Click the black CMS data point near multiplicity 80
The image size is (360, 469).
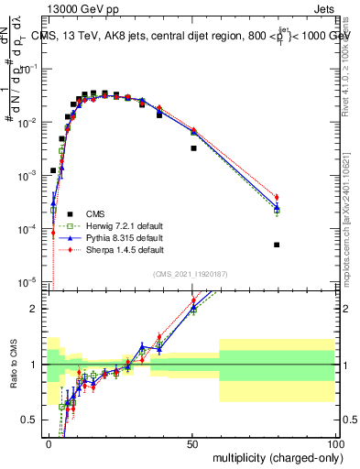(x=277, y=245)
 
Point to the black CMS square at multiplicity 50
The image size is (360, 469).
(x=193, y=147)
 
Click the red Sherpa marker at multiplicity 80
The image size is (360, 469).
(x=277, y=198)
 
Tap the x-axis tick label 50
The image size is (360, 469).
(x=192, y=443)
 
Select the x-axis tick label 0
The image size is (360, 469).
(x=49, y=443)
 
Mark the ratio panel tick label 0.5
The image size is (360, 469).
(x=34, y=420)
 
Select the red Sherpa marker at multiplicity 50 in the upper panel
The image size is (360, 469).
(x=193, y=131)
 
